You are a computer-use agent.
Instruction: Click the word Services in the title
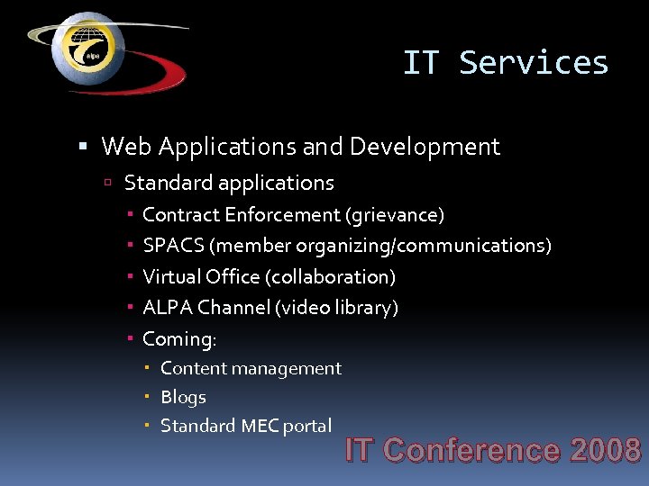coord(534,63)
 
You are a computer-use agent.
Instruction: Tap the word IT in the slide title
coord(420,63)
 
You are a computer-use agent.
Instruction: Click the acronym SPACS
coord(173,246)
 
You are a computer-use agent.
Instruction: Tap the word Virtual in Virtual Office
coord(171,276)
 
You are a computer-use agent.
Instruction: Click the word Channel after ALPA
coord(234,308)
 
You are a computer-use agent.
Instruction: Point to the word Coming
coord(178,339)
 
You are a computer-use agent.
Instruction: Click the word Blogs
coord(183,397)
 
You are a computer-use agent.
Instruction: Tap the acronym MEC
coord(260,426)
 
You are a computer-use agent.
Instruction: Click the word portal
coord(308,426)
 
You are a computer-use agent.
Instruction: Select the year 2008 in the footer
coord(605,449)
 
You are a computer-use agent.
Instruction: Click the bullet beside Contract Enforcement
coord(131,215)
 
